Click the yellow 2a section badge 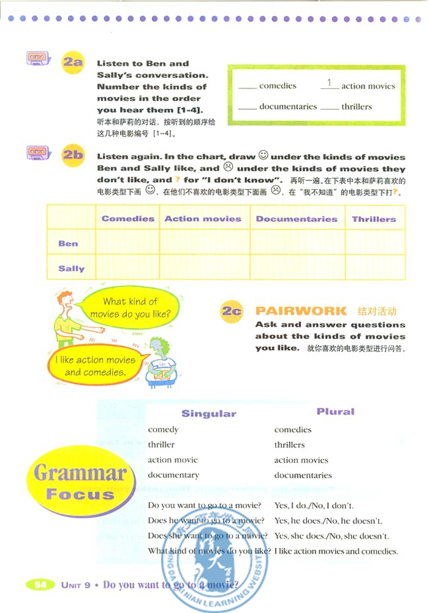pos(72,62)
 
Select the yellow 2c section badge pos(232,312)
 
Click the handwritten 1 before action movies pos(329,83)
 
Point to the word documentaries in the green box pos(288,107)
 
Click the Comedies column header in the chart pos(128,219)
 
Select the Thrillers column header pos(374,219)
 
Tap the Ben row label pos(68,243)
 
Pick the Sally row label pos(71,268)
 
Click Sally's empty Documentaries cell pos(297,268)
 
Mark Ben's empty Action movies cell pos(203,243)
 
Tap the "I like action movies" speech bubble pos(94,366)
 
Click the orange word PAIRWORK pos(301,311)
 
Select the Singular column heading pos(208,414)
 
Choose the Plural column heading pos(335,412)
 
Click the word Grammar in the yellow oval pos(80,473)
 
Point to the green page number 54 pos(40,584)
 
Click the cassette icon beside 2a pos(38,59)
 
